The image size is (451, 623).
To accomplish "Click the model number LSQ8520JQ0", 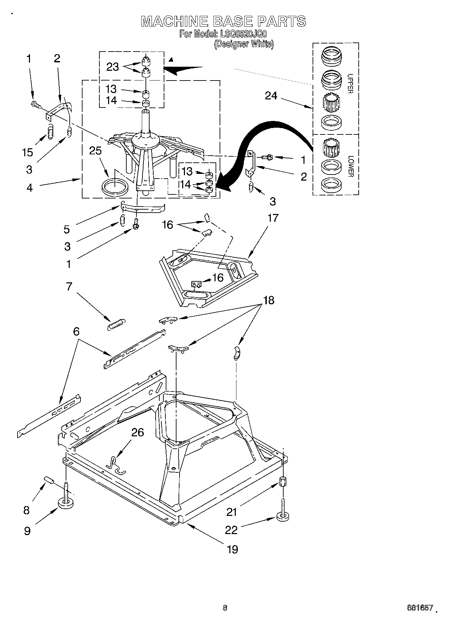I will pos(243,34).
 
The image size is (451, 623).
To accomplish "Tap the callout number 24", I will pos(271,96).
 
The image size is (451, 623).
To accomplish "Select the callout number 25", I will pos(95,151).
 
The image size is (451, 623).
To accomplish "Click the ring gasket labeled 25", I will pos(115,186).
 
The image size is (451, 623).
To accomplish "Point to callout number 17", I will pos(273,218).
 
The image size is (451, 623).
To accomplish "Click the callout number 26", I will pos(137,432).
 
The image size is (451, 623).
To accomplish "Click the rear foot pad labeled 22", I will pos(283,517).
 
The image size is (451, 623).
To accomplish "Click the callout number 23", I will pos(112,67).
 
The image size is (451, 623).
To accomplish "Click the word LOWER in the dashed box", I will pos(350,166).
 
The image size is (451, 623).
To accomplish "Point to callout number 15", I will pos(28,152).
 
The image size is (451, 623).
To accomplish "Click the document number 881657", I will pos(419,608).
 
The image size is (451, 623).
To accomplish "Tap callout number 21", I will pos(232,512).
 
